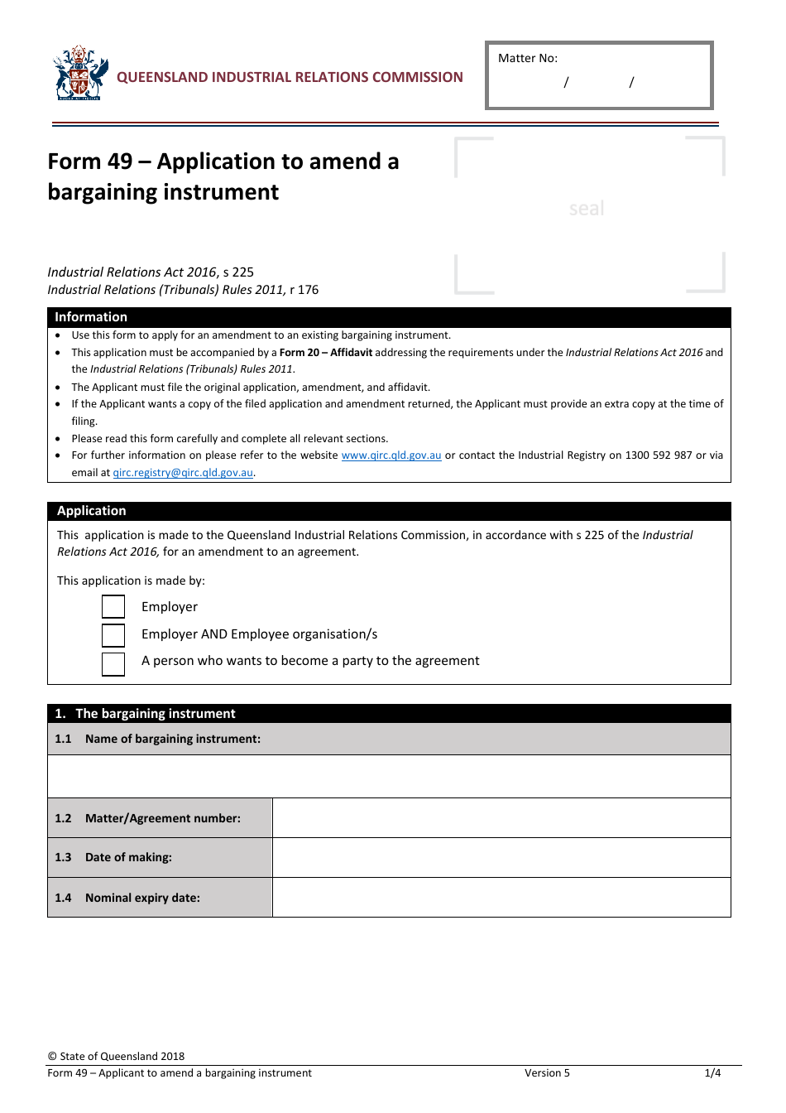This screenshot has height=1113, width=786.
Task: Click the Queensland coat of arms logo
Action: pyautogui.click(x=80, y=73)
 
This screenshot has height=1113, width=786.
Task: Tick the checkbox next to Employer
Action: pyautogui.click(x=113, y=607)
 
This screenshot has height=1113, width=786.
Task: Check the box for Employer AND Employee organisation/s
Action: pyautogui.click(x=113, y=635)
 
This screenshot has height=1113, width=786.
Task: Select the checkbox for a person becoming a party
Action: pyautogui.click(x=113, y=663)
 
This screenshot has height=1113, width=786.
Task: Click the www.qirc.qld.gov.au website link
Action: pyautogui.click(x=391, y=455)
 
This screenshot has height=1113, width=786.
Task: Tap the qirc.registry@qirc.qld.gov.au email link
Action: pyautogui.click(x=183, y=473)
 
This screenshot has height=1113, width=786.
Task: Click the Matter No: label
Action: pyautogui.click(x=528, y=58)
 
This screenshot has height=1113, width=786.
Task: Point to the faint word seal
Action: pyautogui.click(x=587, y=209)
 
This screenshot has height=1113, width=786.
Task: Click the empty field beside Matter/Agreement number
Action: pyautogui.click(x=501, y=818)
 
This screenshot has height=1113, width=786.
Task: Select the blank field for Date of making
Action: pyautogui.click(x=501, y=857)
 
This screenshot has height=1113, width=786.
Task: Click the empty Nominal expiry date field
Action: pyautogui.click(x=501, y=898)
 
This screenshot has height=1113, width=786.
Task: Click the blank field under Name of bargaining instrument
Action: pyautogui.click(x=389, y=777)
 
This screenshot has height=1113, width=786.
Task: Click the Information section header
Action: pyautogui.click(x=91, y=317)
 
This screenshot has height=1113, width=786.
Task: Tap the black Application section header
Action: pyautogui.click(x=92, y=511)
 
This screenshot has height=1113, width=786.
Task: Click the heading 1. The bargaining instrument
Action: pyautogui.click(x=146, y=714)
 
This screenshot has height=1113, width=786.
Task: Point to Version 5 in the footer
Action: pyautogui.click(x=547, y=1073)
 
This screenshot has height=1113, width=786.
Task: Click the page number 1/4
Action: pyautogui.click(x=712, y=1073)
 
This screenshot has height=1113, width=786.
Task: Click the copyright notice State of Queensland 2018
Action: pyautogui.click(x=116, y=1056)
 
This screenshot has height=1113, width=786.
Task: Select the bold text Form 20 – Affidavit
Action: pyautogui.click(x=325, y=353)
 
